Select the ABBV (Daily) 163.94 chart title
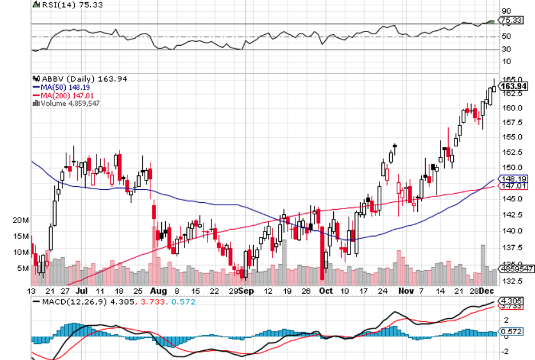(x=71, y=79)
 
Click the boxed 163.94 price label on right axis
(x=513, y=86)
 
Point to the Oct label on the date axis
(x=326, y=291)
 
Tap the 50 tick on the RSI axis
(x=505, y=37)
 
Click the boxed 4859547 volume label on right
(x=516, y=268)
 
